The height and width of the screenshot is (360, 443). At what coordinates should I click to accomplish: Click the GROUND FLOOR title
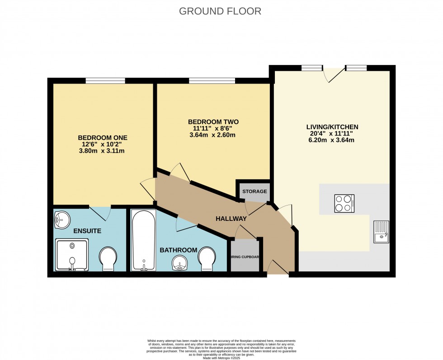pyautogui.click(x=220, y=11)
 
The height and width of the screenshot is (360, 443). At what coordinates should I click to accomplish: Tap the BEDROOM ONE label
pyautogui.click(x=103, y=138)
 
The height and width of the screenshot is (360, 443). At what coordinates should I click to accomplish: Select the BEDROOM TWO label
pyautogui.click(x=213, y=122)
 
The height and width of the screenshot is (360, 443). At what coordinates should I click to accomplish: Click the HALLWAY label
pyautogui.click(x=231, y=219)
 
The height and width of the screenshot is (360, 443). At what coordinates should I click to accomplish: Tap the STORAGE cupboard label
pyautogui.click(x=254, y=192)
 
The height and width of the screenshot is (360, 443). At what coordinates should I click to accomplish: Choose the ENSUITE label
pyautogui.click(x=87, y=231)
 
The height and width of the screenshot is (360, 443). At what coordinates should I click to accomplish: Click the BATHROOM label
pyautogui.click(x=179, y=250)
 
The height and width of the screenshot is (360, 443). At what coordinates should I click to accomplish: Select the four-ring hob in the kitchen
pyautogui.click(x=344, y=203)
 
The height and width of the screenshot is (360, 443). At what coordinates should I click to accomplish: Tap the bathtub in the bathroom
pyautogui.click(x=143, y=240)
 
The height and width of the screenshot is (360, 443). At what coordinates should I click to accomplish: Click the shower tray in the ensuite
pyautogui.click(x=71, y=255)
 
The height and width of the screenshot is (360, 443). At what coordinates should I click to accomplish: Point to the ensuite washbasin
pyautogui.click(x=61, y=220)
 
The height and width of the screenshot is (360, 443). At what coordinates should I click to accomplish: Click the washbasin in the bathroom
pyautogui.click(x=182, y=264)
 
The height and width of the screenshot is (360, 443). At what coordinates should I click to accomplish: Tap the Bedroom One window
pyautogui.click(x=105, y=81)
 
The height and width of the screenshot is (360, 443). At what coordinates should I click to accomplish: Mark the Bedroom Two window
pyautogui.click(x=212, y=81)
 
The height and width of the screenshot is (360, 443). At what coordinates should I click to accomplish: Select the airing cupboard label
pyautogui.click(x=245, y=257)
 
